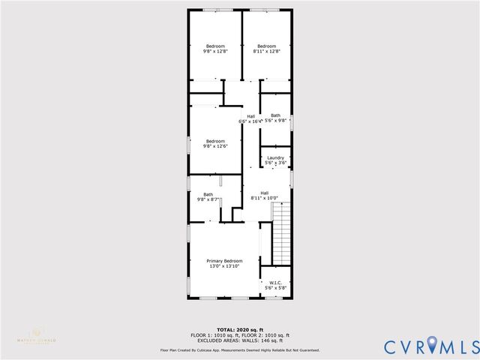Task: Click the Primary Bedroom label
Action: pyautogui.click(x=225, y=261)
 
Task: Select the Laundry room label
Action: pyautogui.click(x=275, y=157)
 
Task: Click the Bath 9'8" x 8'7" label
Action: pyautogui.click(x=208, y=195)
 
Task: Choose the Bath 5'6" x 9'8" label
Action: pyautogui.click(x=275, y=115)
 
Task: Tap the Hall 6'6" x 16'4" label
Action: pyautogui.click(x=250, y=116)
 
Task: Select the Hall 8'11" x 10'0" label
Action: pyautogui.click(x=265, y=193)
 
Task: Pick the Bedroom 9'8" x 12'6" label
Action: pyautogui.click(x=216, y=141)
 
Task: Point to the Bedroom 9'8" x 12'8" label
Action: pyautogui.click(x=215, y=46)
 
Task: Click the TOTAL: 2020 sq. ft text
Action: pyautogui.click(x=241, y=329)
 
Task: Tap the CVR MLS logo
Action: pyautogui.click(x=430, y=346)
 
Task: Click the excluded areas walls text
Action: pyautogui.click(x=241, y=340)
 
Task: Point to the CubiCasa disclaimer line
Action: pyautogui.click(x=240, y=350)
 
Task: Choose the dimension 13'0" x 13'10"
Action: pyautogui.click(x=225, y=265)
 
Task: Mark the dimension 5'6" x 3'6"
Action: pyautogui.click(x=275, y=162)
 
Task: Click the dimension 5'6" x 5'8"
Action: pyautogui.click(x=275, y=288)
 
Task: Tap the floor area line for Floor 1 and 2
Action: pyautogui.click(x=241, y=334)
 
